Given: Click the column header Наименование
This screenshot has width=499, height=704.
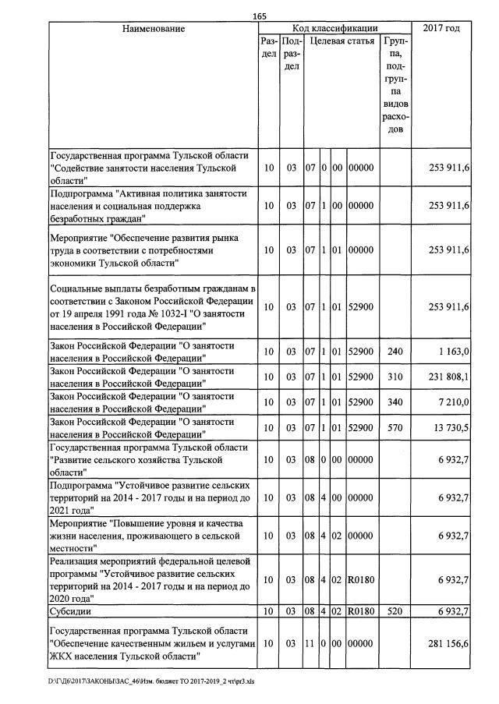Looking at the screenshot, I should coord(154,29).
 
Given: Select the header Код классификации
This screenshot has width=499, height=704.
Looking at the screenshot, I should coord(335,28).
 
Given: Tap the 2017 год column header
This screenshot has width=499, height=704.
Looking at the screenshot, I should coord(441,29).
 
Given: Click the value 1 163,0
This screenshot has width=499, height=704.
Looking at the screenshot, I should coord(454,352).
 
